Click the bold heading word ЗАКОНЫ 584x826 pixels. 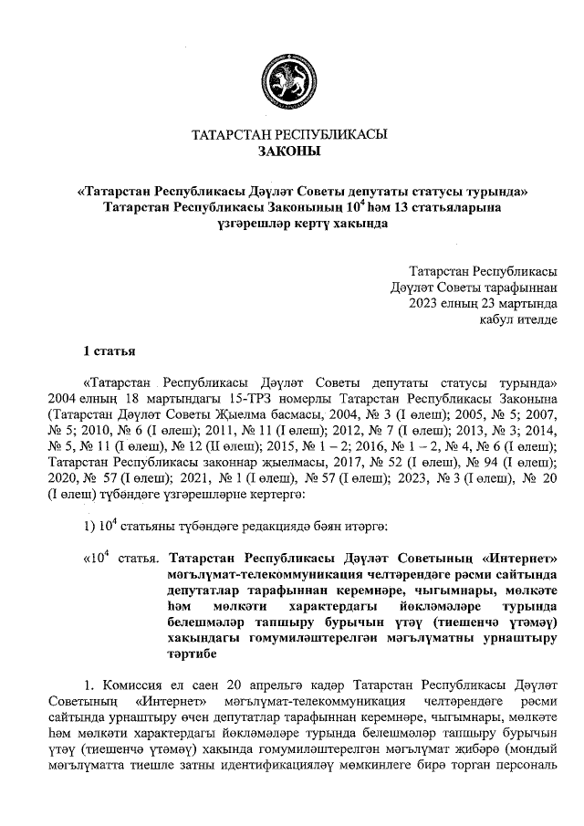[x=289, y=152]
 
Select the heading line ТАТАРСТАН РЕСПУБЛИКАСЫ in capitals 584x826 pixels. [x=289, y=135]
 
